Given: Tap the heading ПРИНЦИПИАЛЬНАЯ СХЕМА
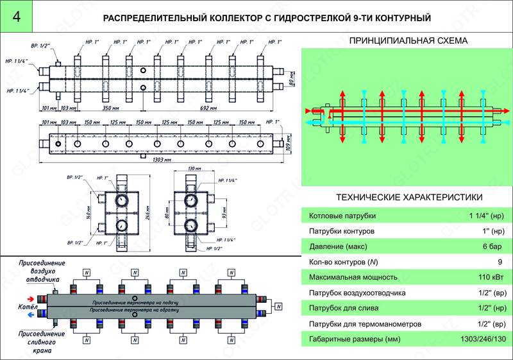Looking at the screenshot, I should tap(408, 41).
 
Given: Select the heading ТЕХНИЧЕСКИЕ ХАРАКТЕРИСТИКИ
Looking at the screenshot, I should tap(408, 197).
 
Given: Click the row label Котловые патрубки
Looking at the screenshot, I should tap(342, 216).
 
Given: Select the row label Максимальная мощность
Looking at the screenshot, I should tap(353, 277).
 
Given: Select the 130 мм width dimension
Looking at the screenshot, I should tap(190, 169).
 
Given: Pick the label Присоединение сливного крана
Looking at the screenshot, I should tap(39, 342).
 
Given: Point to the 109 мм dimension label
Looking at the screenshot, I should tap(289, 139).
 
